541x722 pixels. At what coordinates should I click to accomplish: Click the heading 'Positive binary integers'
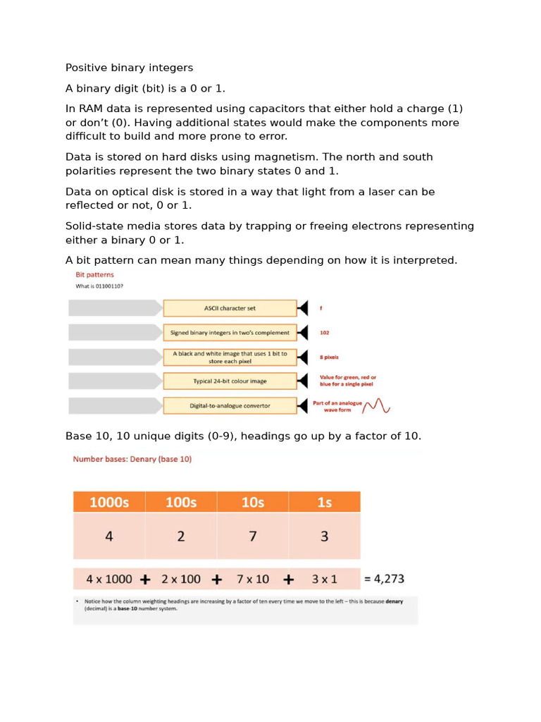pos(129,68)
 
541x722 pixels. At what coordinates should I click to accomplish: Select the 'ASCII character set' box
pos(230,308)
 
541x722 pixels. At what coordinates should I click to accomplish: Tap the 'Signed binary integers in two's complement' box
pos(230,332)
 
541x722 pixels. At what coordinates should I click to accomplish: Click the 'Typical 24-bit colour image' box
pos(230,381)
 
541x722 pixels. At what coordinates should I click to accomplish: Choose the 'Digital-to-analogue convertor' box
pos(230,405)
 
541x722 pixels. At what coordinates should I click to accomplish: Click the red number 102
pos(325,332)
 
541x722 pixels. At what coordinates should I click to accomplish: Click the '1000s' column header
pos(109,502)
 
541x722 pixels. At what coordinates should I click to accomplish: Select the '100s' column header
pos(181,502)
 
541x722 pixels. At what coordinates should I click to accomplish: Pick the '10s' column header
pos(253,502)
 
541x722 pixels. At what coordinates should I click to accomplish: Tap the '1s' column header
pos(324,502)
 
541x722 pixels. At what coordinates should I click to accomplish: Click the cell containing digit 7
pos(253,536)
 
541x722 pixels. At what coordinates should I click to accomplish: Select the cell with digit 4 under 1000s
pos(109,536)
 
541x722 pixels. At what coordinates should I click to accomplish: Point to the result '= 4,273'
pos(384,579)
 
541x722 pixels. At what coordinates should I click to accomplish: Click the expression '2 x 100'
pos(181,579)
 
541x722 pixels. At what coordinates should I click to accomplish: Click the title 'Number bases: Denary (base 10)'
pos(132,459)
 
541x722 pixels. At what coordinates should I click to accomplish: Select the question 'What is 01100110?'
pos(99,286)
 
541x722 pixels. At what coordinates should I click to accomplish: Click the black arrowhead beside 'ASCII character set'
pos(303,308)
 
